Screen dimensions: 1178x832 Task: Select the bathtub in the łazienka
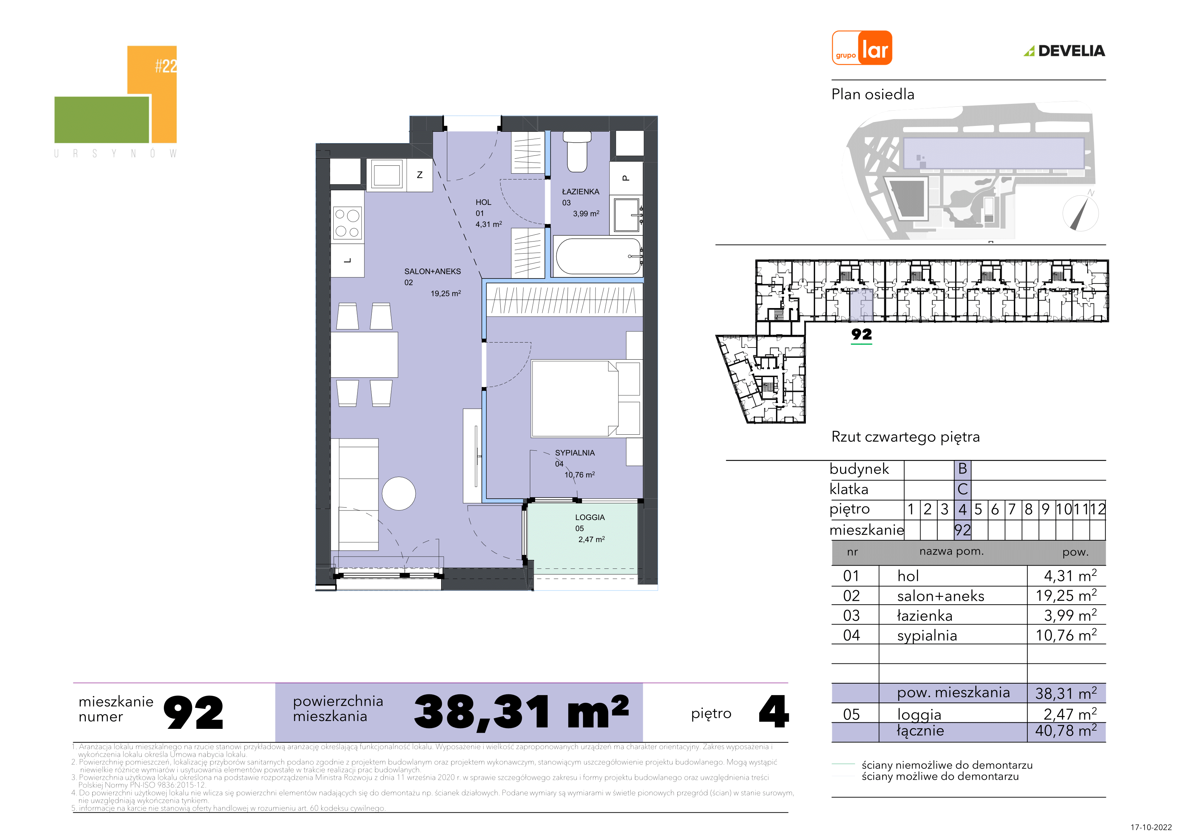pyautogui.click(x=598, y=256)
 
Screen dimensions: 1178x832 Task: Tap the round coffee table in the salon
pyautogui.click(x=398, y=493)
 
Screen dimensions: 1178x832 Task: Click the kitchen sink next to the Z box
pyautogui.click(x=387, y=175)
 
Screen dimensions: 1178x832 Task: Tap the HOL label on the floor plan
pyautogui.click(x=483, y=202)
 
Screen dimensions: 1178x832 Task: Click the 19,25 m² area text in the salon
pyautogui.click(x=445, y=293)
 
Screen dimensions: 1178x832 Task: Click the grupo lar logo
pyautogui.click(x=862, y=48)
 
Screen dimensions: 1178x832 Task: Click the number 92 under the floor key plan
pyautogui.click(x=861, y=334)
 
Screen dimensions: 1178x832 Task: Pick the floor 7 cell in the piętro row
pyautogui.click(x=1012, y=509)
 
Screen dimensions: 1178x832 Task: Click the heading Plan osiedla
pyautogui.click(x=873, y=94)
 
